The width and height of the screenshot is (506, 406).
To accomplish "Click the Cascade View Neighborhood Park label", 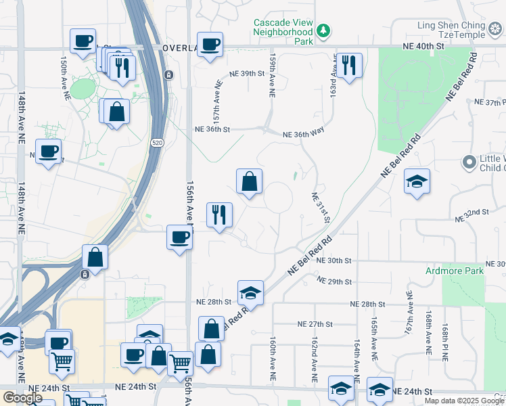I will (x=283, y=32).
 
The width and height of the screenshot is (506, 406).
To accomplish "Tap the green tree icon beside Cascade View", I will (x=324, y=30).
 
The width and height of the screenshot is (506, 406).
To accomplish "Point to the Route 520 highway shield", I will (x=157, y=143).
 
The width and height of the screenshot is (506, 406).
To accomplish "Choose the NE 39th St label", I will (x=246, y=73).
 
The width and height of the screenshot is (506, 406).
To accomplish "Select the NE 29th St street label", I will (x=334, y=281).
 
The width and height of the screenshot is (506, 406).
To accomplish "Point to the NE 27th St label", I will (x=316, y=324).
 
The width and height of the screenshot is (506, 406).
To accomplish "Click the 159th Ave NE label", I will (x=272, y=76).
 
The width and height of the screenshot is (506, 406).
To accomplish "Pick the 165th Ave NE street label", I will (x=373, y=337).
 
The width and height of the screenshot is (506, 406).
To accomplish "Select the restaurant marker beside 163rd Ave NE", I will (x=348, y=66).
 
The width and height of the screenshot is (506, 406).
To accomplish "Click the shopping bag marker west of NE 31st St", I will (x=249, y=181).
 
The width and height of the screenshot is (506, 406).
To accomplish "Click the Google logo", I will (x=22, y=398).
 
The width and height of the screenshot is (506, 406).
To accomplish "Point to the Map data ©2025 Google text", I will (x=464, y=401).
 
